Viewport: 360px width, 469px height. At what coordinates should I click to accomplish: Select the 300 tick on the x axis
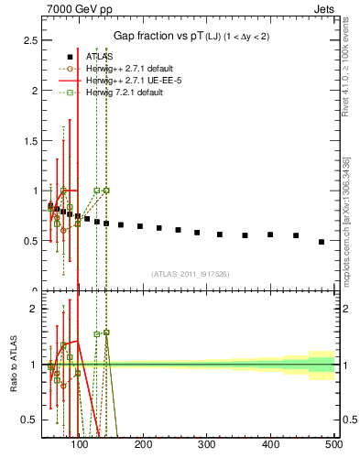pyautogui.click(x=206, y=445)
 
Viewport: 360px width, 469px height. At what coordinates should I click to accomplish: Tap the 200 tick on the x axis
pyautogui.click(x=143, y=445)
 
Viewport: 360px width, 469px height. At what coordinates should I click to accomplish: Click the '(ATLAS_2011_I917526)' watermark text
pyautogui.click(x=190, y=273)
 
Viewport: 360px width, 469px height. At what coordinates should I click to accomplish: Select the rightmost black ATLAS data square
pyautogui.click(x=321, y=242)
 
